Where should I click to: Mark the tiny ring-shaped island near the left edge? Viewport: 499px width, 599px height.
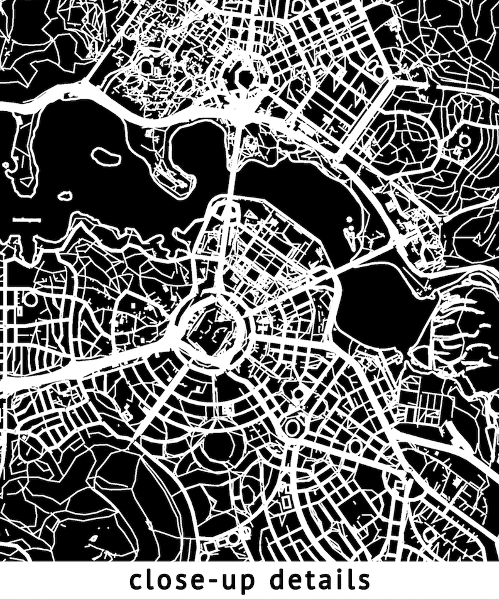[x=7, y=167]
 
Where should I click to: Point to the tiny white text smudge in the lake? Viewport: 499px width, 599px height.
[x=26, y=219]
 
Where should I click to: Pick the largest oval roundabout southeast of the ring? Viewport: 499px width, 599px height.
[x=293, y=428]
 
